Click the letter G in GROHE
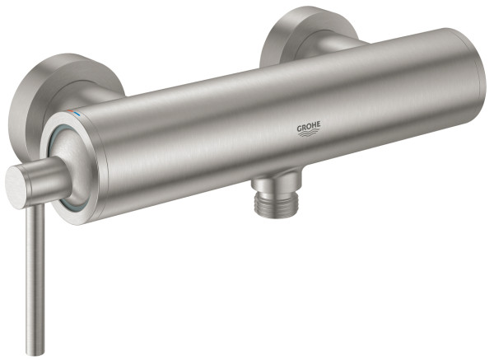coord(300,129)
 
